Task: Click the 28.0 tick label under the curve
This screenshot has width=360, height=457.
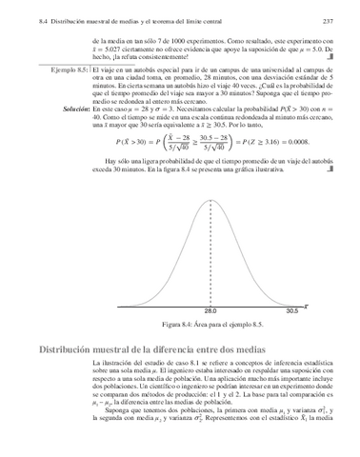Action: pos(210,310)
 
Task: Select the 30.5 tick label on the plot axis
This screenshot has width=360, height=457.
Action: pos(292,310)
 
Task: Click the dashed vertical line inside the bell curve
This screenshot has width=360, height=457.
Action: pos(210,257)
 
